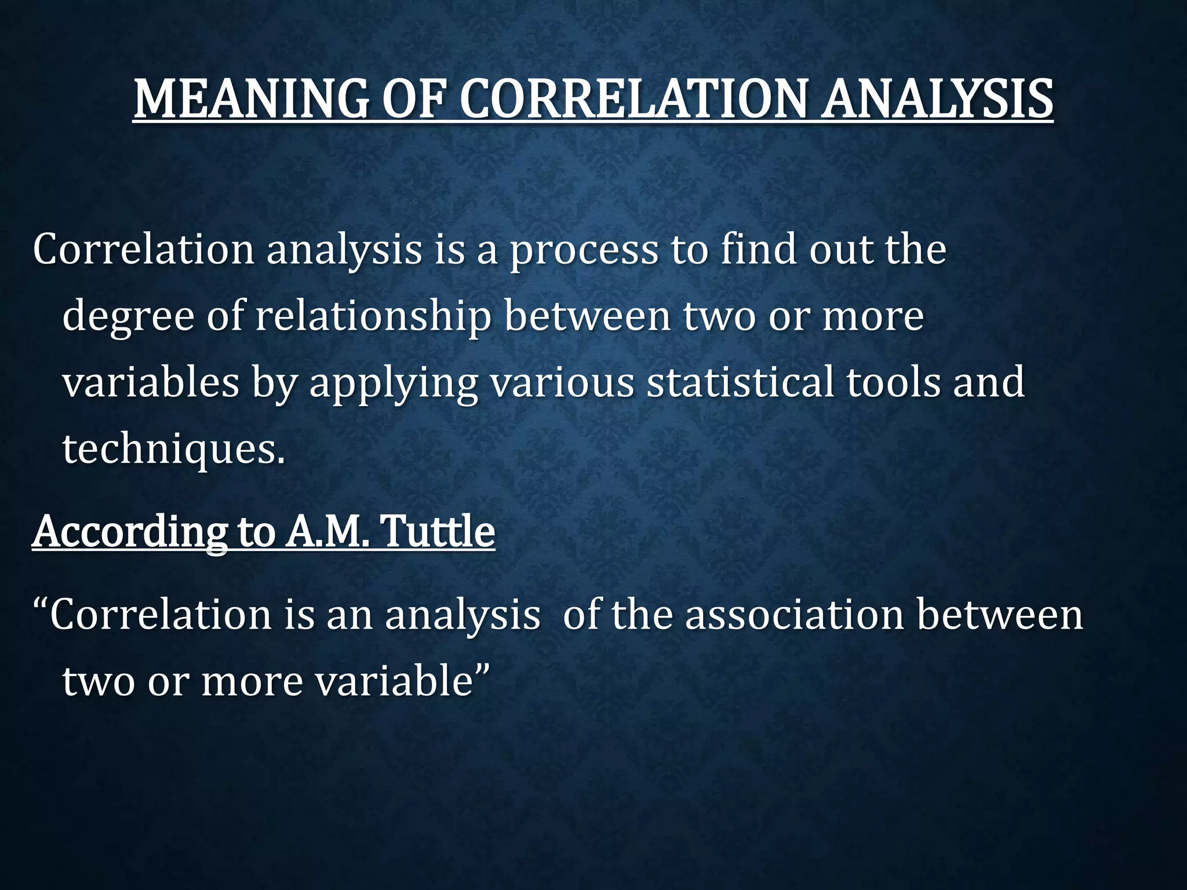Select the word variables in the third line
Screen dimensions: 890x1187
tap(151, 383)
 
